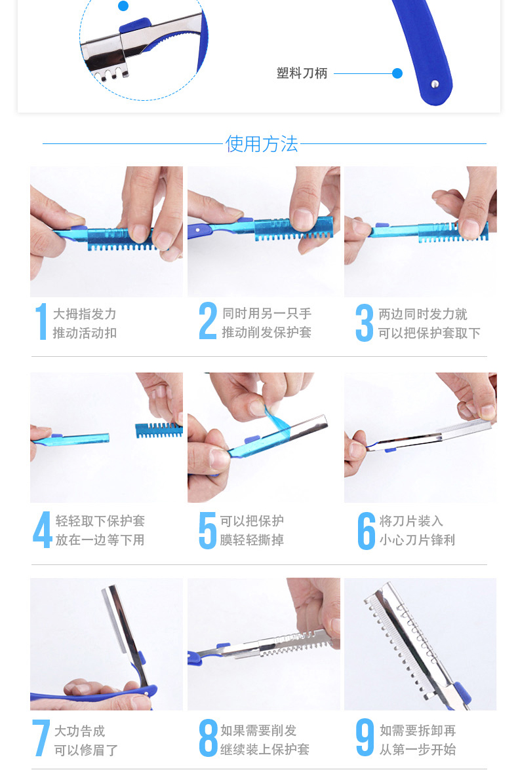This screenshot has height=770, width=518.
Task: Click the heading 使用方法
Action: coord(262,144)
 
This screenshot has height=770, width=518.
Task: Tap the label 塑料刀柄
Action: coord(302,73)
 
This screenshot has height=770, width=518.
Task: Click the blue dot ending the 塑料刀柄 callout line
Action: coord(397,73)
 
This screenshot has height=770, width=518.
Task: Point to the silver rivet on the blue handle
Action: coord(434,84)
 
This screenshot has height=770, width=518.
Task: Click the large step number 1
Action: coord(41,321)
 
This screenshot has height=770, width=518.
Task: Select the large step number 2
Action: coord(208,321)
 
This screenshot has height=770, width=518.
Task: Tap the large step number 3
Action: coord(365,323)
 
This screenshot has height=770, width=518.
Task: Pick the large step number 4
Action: coord(43,530)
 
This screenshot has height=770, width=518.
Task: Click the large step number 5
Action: coord(208,530)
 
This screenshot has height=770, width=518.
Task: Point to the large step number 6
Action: coord(367,531)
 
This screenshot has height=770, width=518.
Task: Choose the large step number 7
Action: coord(41,738)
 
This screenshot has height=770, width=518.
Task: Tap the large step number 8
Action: coord(208,738)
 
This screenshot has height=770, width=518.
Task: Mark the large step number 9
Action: coord(365,737)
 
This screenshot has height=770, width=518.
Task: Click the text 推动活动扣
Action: coord(85,333)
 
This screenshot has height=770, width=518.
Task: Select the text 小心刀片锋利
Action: coord(417,540)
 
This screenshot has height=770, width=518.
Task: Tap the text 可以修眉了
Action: coord(86,750)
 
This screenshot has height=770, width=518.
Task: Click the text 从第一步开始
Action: coord(418,749)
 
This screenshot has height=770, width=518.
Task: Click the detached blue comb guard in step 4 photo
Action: coord(159,430)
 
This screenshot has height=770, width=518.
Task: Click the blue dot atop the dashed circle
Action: coord(123,6)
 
